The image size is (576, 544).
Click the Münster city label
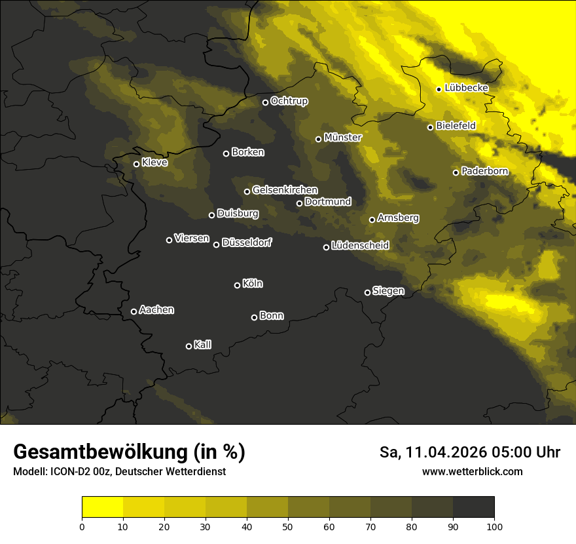point(342,138)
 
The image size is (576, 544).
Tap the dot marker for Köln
point(237,285)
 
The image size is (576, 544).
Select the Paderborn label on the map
point(484,171)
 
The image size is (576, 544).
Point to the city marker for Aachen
point(134,311)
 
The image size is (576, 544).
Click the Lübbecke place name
point(466,88)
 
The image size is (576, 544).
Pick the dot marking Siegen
point(367,292)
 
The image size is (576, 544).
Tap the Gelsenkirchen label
point(285,190)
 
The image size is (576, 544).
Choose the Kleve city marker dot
point(136,164)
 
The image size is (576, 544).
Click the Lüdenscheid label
point(360,246)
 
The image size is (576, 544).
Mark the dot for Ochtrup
point(265,102)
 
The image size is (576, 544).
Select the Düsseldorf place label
point(247,243)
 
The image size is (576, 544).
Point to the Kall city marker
point(189,346)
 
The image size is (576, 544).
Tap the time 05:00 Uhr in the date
point(519,452)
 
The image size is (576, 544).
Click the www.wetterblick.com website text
point(472,471)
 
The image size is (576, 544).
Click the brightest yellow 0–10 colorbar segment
point(102,507)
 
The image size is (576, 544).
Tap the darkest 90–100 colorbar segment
point(473,507)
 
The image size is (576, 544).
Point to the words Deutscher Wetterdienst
point(170,472)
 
